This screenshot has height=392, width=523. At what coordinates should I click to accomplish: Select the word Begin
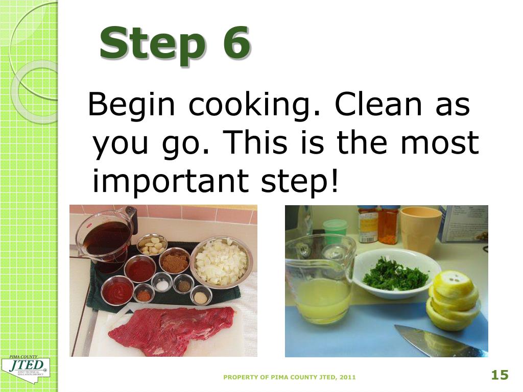click(x=131, y=105)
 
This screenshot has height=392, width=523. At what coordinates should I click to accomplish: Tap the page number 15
click(x=500, y=376)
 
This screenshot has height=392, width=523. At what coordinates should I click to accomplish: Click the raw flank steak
click(x=171, y=327)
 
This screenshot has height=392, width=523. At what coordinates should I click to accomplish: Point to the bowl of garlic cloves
click(x=152, y=244)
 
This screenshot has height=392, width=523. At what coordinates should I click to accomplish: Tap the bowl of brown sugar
click(x=174, y=261)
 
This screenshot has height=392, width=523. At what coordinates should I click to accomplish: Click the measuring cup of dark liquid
click(x=106, y=239)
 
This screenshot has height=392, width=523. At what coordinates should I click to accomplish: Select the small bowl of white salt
click(x=162, y=284)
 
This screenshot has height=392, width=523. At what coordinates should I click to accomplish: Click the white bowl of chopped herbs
click(x=396, y=273)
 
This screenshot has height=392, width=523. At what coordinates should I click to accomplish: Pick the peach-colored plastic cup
click(x=420, y=228)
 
